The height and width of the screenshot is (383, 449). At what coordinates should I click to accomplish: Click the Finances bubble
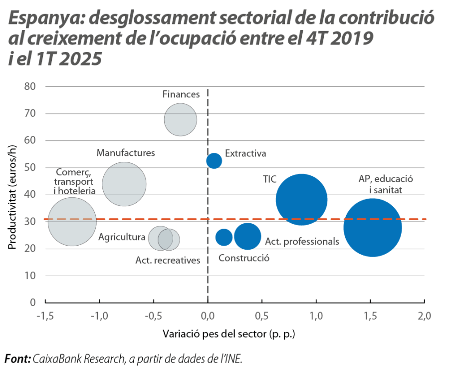tap(180, 120)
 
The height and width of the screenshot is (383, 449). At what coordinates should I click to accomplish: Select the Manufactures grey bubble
tap(124, 184)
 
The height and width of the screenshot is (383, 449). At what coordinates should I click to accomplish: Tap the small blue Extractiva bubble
tap(214, 160)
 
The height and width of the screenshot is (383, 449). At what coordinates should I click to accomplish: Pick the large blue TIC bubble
tap(301, 200)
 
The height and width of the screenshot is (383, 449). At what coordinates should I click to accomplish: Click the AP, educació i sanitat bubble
tap(373, 228)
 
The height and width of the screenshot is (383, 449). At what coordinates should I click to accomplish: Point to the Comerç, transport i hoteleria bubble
tap(72, 222)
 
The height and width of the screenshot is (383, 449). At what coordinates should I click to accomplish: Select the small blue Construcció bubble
tap(224, 237)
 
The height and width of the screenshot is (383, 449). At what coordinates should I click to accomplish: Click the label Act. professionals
tap(302, 242)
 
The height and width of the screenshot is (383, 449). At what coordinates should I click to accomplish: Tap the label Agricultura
tap(122, 237)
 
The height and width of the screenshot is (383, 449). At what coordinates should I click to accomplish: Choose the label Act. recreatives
tap(168, 260)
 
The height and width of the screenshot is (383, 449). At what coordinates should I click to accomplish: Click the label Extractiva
tap(245, 153)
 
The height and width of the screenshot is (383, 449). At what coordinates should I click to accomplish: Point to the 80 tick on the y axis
tap(31, 86)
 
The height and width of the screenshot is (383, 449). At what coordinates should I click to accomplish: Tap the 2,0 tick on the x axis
tap(425, 316)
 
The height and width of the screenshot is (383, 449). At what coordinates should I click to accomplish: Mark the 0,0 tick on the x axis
tap(208, 316)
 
